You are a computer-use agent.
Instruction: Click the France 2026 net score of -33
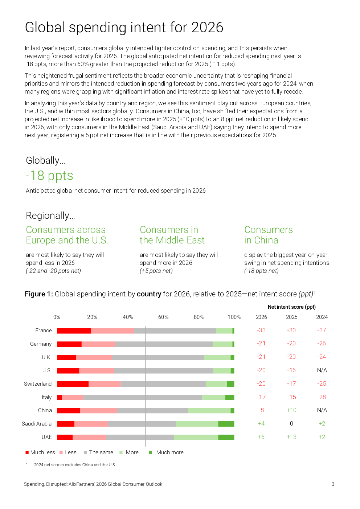click(261, 331)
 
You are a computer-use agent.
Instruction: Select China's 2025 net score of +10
click(291, 410)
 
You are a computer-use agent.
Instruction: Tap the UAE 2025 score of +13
click(291, 437)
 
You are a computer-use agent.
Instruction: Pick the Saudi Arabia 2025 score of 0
click(291, 424)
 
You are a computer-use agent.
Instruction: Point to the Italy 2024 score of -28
click(322, 397)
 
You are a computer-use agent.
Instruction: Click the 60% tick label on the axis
click(163, 317)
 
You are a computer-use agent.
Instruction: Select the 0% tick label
click(57, 317)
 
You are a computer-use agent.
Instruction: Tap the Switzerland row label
click(38, 384)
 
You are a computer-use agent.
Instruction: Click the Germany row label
click(41, 344)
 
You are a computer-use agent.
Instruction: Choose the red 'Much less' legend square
click(27, 452)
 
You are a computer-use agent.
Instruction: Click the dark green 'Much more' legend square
click(150, 452)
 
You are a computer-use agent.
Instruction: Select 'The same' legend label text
click(101, 452)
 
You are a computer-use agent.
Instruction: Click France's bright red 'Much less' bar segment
click(74, 331)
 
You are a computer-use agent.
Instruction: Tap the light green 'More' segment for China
click(209, 411)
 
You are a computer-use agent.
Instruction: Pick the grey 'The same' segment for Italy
click(143, 397)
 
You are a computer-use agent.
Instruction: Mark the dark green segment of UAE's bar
click(226, 437)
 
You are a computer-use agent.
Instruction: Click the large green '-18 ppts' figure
click(49, 176)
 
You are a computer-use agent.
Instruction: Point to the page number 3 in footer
click(333, 484)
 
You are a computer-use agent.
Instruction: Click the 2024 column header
click(322, 317)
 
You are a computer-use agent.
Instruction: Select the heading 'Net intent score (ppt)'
click(292, 307)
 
